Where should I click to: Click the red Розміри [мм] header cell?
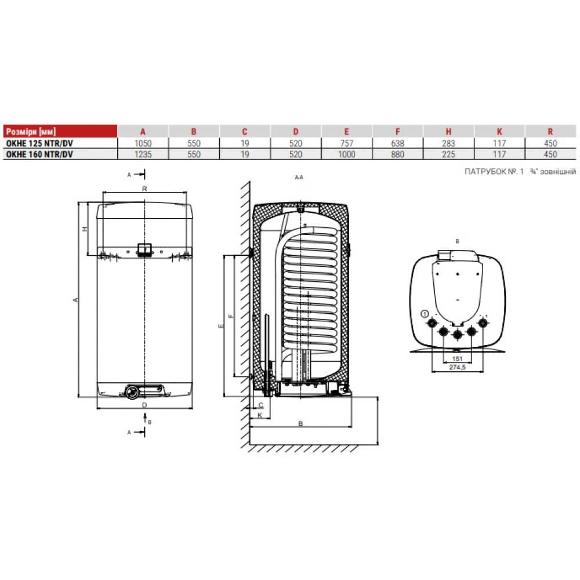pyautogui.click(x=60, y=131)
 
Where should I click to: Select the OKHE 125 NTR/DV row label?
pyautogui.click(x=39, y=143)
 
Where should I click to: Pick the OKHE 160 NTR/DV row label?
pyautogui.click(x=39, y=154)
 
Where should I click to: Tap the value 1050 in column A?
pyautogui.click(x=143, y=143)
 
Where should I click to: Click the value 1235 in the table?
pyautogui.click(x=143, y=154)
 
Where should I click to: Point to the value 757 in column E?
pyautogui.click(x=347, y=143)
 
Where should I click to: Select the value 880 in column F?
pyautogui.click(x=398, y=154)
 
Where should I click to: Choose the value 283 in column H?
pyautogui.click(x=448, y=143)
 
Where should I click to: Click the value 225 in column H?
pyautogui.click(x=448, y=154)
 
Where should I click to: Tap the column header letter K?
pyautogui.click(x=499, y=132)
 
